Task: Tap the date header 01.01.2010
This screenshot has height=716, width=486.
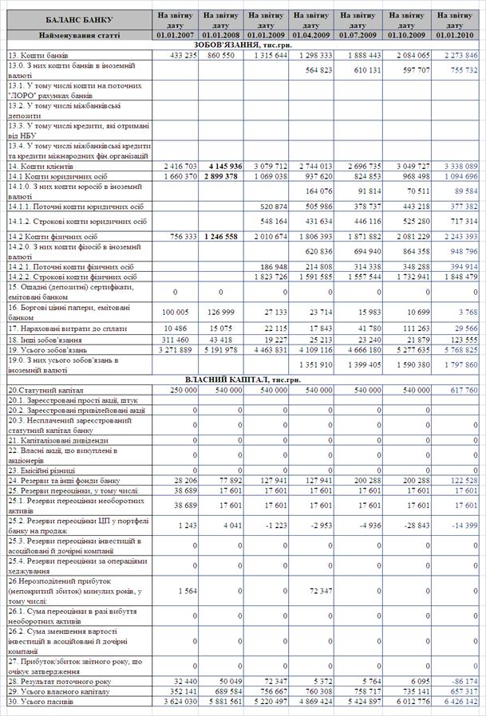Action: [x=457, y=35]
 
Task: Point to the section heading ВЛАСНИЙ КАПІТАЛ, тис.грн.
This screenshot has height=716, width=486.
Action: [x=243, y=380]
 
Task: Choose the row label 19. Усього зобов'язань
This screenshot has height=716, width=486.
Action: [x=44, y=348]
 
